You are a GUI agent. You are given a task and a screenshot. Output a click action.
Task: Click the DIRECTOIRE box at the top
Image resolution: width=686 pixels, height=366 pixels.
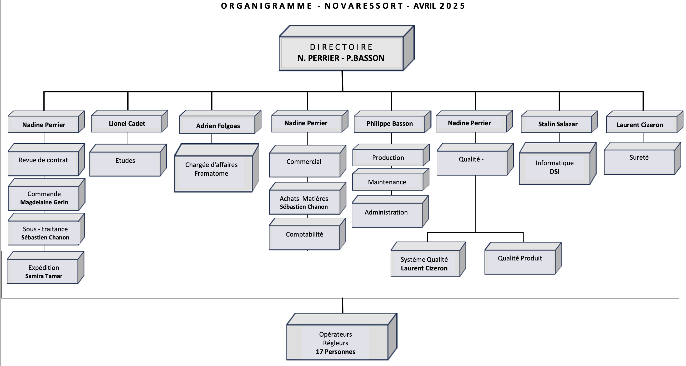pos(346,48)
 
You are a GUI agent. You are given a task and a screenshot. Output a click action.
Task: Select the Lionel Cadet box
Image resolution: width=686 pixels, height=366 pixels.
pos(129,121)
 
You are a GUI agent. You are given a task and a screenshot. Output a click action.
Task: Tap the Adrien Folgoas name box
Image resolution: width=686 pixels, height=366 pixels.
pos(220,122)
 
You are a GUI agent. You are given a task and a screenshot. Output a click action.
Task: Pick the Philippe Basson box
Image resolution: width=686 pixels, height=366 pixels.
pos(392,122)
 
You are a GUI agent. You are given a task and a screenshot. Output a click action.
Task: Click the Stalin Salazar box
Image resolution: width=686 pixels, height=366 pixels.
pos(559,122)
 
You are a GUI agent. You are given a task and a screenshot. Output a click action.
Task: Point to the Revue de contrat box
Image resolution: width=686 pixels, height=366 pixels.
pos(46,160)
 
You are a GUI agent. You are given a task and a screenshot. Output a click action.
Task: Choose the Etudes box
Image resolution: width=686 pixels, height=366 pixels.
pos(128,160)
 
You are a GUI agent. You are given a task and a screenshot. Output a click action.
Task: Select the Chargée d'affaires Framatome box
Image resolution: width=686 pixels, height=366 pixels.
pos(217,168)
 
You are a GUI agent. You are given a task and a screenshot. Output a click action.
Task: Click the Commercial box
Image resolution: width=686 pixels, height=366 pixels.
pos(307,161)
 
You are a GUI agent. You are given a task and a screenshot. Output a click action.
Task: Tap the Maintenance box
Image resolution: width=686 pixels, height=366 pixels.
pos(391,179)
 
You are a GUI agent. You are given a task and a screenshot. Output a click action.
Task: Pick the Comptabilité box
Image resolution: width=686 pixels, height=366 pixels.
pos(307,234)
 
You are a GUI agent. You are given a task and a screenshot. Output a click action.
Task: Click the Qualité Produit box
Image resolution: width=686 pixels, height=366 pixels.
pos(523,258)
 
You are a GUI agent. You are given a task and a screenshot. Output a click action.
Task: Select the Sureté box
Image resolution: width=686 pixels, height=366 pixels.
pos(643,158)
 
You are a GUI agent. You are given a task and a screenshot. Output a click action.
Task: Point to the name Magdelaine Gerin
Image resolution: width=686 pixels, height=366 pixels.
pos(44,202)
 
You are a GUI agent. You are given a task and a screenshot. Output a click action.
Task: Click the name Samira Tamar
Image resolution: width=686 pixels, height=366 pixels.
pos(44,276)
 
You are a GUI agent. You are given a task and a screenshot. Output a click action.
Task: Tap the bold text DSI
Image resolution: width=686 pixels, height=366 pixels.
pos(555,172)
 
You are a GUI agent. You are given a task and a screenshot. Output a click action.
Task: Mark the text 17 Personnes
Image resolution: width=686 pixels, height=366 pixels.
pos(336,352)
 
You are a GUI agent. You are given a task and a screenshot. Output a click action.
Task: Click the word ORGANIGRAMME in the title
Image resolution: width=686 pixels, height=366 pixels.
pos(266,6)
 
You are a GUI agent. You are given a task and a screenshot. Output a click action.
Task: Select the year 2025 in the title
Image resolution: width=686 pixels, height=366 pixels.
pos(452,6)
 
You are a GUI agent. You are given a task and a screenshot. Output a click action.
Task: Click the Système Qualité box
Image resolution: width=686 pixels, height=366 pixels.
pos(428,259)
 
